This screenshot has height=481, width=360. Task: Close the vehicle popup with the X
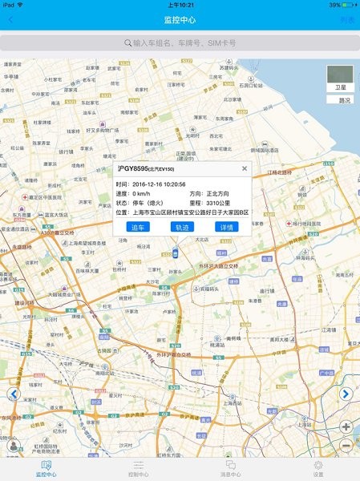tap(245, 168)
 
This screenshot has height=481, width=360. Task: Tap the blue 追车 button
tap(138, 227)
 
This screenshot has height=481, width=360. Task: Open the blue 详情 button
tap(227, 227)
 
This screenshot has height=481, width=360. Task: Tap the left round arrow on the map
tap(13, 394)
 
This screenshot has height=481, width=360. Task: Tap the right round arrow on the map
tap(346, 394)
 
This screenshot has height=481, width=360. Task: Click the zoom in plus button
tap(347, 427)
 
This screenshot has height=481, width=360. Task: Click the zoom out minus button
tap(347, 445)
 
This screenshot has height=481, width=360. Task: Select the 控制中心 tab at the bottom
tap(138, 468)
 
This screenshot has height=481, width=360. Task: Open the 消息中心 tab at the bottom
tap(230, 468)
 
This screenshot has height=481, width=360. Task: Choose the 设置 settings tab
tap(318, 468)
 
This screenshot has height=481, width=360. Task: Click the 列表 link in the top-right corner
tap(346, 19)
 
